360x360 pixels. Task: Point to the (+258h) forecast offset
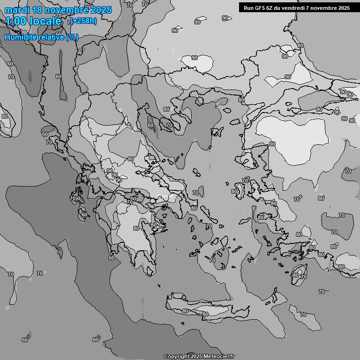tap(83, 21)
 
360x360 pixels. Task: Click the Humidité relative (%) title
tap(41, 37)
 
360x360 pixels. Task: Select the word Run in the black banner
tap(248, 8)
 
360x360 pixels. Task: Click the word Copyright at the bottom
tap(176, 356)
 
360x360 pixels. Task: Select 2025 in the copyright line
tap(196, 356)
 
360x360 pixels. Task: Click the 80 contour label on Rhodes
tap(295, 275)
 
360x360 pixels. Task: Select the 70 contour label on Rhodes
tap(303, 277)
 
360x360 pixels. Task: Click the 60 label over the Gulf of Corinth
tap(133, 198)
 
